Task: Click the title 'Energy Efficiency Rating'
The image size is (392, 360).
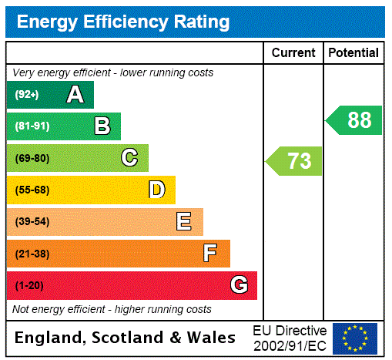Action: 123,22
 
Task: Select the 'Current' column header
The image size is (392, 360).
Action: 293,53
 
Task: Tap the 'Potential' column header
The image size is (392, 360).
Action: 353,53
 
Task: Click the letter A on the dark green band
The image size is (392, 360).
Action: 75,95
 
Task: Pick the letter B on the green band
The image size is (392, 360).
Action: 102,126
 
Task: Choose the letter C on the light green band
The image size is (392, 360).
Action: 129,158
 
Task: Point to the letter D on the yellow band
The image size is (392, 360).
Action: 156,190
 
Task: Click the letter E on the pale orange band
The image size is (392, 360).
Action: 184,222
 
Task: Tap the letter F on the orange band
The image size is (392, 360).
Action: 210,254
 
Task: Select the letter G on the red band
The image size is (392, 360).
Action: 239,285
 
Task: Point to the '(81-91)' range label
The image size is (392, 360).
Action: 32,126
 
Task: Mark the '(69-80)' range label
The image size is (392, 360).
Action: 32,158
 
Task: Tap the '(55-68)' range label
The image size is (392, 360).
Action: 32,190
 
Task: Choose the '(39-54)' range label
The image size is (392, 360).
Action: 32,222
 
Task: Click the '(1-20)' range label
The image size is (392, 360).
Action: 29,285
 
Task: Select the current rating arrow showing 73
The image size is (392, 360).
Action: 295,161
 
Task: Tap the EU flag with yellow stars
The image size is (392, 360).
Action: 355,338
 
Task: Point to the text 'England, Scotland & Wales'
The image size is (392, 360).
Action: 126,338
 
